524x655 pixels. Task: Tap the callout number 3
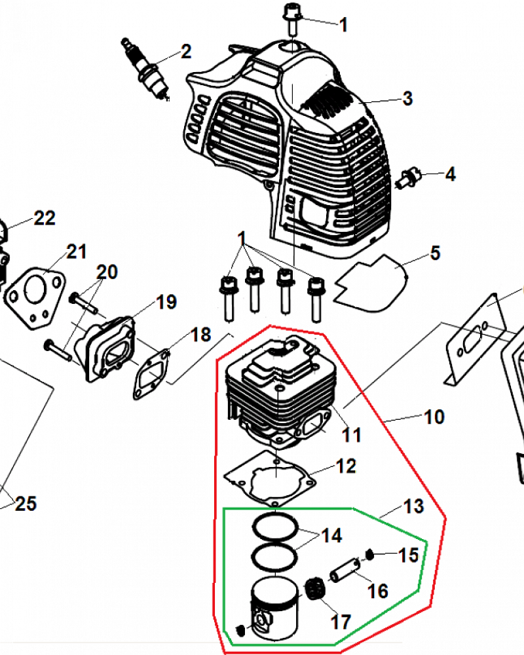pos(407,99)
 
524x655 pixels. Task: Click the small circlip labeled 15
pos(370,555)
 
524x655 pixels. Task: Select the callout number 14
pos(331,535)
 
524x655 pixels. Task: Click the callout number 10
pos(434,417)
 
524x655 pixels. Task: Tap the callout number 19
pos(166,302)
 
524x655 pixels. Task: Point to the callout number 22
pos(45,218)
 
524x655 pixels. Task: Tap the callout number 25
pos(26,504)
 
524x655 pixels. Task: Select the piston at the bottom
pos(271,609)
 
